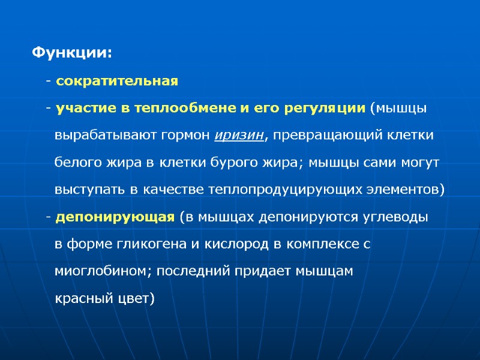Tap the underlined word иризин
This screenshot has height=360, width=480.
tap(239, 135)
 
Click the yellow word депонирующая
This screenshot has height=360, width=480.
tap(115, 217)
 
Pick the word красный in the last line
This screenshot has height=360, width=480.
tap(79, 298)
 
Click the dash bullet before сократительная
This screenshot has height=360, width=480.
tap(47, 81)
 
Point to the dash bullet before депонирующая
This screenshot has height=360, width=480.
tap(47, 217)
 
